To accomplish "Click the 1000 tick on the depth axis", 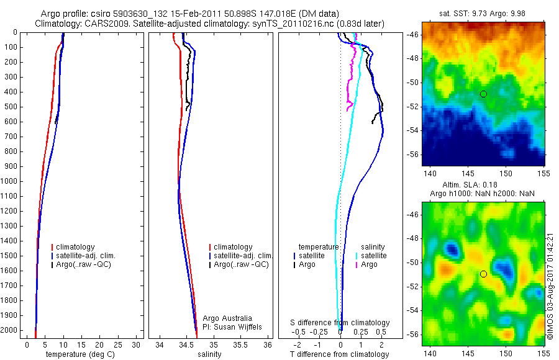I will pyautogui.click(x=11, y=181).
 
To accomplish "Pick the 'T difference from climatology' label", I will pyautogui.click(x=339, y=354).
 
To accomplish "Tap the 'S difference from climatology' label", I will pyautogui.click(x=340, y=323).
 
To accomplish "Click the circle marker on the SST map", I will pyautogui.click(x=483, y=94).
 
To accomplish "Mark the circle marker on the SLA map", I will pyautogui.click(x=483, y=274).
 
